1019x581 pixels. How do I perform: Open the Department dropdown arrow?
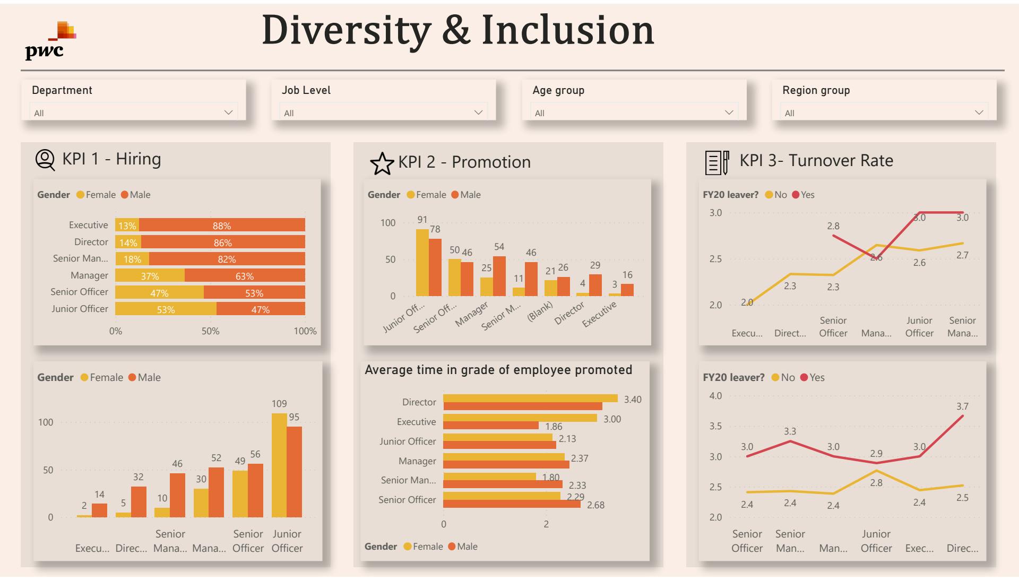coord(228,112)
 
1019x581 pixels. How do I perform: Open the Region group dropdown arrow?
coord(979,112)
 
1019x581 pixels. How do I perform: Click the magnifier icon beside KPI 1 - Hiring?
coord(45,160)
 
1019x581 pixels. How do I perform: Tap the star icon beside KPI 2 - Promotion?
coord(382,163)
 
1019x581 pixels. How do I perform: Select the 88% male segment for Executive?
coord(222,226)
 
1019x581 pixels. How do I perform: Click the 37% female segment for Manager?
coord(150,276)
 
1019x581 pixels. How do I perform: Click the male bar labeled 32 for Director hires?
coord(139,501)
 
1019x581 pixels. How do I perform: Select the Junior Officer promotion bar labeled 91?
coord(422,263)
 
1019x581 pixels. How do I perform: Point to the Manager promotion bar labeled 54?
coord(499,276)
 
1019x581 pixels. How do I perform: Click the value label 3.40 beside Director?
coord(632,400)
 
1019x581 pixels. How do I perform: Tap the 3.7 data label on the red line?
coord(962,406)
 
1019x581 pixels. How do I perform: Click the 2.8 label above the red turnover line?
coord(833,226)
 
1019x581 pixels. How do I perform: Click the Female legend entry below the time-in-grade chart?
coord(423,547)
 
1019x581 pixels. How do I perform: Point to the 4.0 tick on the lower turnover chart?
coord(715,396)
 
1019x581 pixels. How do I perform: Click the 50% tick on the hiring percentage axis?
coord(210,331)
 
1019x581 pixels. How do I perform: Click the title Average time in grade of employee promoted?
coord(498,370)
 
